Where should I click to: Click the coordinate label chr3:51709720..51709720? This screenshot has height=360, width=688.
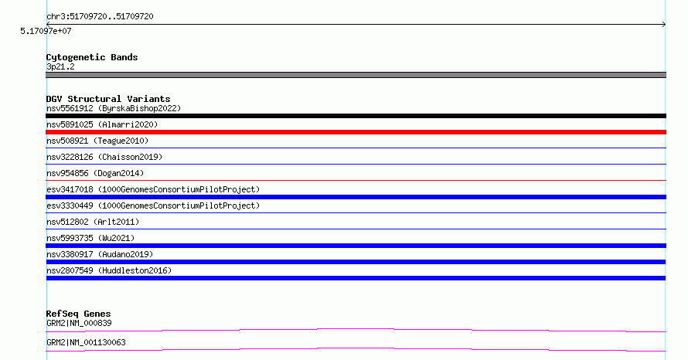point(100,17)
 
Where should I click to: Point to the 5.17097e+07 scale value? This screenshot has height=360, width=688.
point(46,31)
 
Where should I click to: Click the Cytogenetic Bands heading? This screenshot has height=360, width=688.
point(92,57)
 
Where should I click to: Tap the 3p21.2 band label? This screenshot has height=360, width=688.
point(60,66)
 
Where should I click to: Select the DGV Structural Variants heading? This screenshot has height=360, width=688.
point(108,99)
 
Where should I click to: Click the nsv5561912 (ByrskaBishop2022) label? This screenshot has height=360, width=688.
point(114,108)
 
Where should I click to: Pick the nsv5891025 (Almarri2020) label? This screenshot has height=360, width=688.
point(102,124)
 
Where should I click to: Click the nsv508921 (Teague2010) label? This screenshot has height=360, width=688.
point(97,141)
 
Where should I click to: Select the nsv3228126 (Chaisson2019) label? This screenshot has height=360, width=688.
point(104,157)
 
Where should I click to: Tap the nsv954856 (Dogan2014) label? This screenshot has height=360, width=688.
point(95,173)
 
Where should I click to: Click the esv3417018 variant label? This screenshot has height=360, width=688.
point(153,189)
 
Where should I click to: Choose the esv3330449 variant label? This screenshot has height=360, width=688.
point(153,205)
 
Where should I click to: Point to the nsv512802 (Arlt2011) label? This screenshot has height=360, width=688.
point(93,222)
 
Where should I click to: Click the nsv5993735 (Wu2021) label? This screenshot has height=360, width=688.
point(90,238)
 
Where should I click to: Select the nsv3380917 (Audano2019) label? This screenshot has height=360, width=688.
point(100,254)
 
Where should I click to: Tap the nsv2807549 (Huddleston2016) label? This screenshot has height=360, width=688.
point(109,270)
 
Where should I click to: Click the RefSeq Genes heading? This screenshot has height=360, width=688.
point(79,314)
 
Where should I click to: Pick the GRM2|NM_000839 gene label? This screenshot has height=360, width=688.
point(79,323)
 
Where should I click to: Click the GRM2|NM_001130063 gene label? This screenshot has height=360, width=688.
point(86,342)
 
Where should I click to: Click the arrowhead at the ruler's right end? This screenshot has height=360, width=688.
point(665,25)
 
